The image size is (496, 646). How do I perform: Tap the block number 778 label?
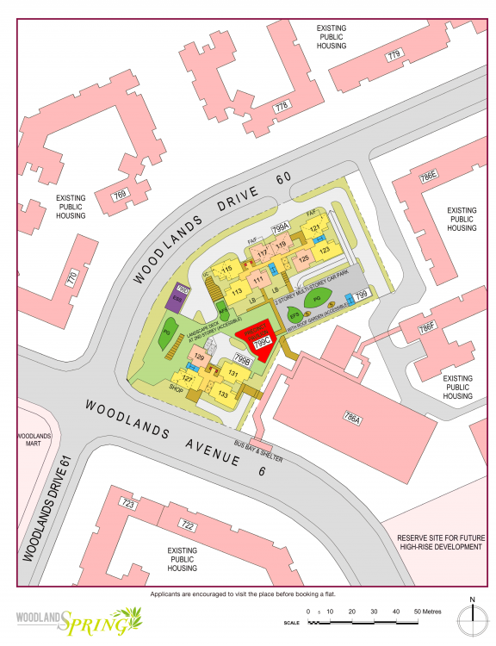coord(281,108)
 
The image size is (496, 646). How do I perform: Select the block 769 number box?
coord(119,196)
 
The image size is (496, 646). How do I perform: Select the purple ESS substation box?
coord(181,295)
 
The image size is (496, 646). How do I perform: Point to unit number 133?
coord(223,394)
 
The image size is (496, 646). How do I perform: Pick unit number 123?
coord(324,250)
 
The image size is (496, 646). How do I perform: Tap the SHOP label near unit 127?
coord(177,390)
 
